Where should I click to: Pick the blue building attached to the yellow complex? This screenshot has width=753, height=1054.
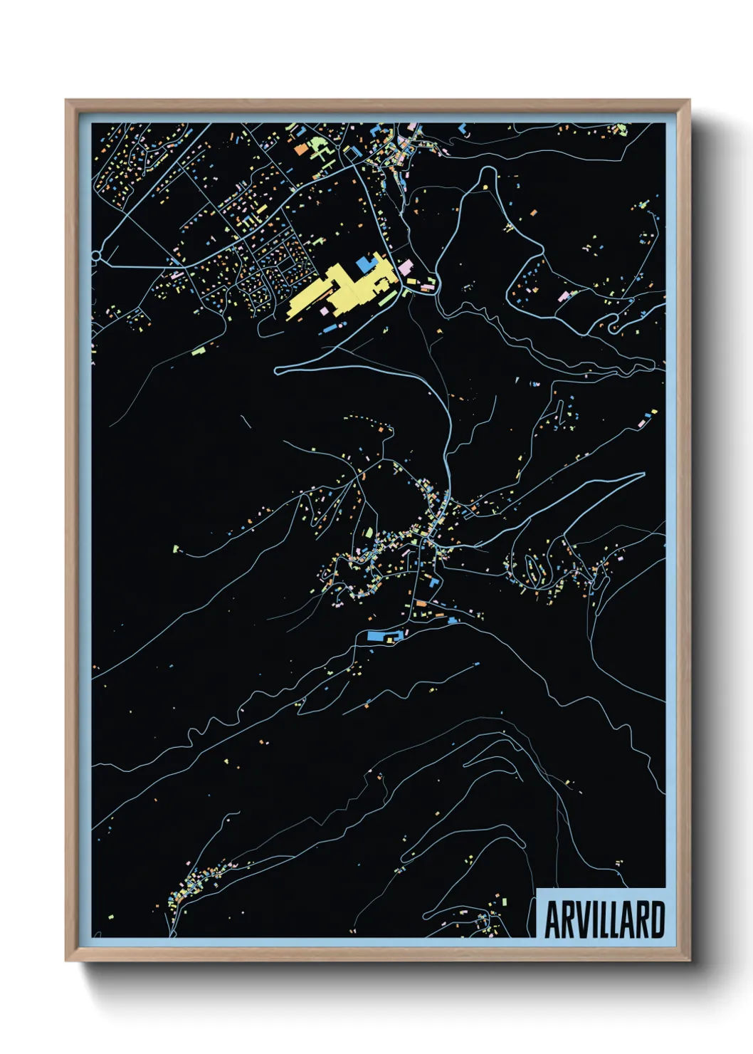tap(365, 264)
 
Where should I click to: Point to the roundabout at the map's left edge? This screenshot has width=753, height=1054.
tap(95, 256)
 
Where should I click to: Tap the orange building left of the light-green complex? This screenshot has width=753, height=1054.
tap(301, 150)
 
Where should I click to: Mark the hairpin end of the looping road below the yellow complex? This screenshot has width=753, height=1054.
tap(278, 370)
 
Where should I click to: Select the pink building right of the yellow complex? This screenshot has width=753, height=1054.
tap(406, 268)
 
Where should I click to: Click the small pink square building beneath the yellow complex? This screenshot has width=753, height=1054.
tap(325, 311)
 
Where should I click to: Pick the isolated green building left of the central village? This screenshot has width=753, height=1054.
tap(176, 548)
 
